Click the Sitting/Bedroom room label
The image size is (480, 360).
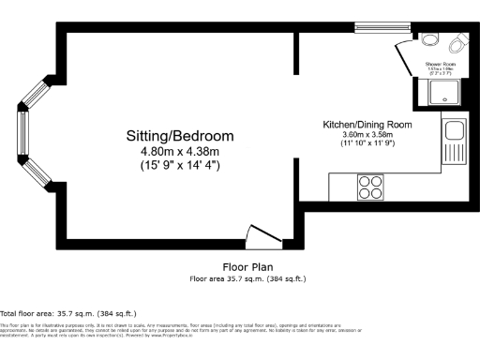(x=180, y=136)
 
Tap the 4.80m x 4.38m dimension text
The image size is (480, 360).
(x=180, y=151)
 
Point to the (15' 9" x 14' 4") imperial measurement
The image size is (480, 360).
(x=180, y=165)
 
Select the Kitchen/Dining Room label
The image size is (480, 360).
(x=367, y=125)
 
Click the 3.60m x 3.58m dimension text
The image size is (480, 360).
(x=367, y=135)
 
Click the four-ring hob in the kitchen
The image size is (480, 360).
(x=370, y=187)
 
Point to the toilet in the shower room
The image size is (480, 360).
(x=459, y=44)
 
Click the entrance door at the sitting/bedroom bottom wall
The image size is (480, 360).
(x=260, y=234)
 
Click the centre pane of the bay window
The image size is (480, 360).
(x=22, y=134)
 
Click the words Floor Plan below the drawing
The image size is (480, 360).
(x=247, y=267)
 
